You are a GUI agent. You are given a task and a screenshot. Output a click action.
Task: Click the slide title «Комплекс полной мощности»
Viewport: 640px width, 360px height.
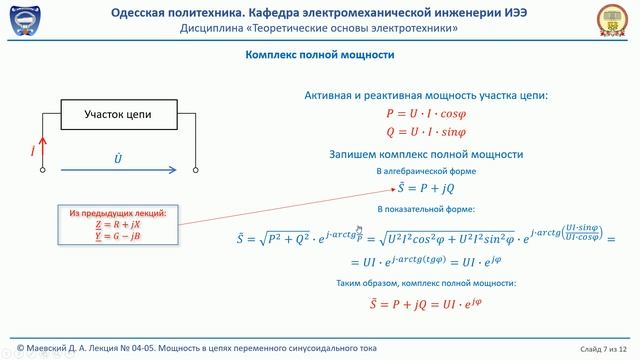319,56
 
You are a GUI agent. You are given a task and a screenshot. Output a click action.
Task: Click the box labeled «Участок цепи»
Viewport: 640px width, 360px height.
118,115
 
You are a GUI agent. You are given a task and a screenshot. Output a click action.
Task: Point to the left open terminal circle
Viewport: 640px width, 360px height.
42,170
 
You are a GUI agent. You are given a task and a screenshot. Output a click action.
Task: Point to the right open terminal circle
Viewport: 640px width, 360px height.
196,170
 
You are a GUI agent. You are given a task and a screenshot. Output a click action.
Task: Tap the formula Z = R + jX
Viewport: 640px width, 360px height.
117,226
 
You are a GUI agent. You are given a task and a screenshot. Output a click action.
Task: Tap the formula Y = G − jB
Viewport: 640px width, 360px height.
117,237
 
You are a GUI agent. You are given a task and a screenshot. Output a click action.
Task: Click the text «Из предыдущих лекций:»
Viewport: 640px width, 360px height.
117,214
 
